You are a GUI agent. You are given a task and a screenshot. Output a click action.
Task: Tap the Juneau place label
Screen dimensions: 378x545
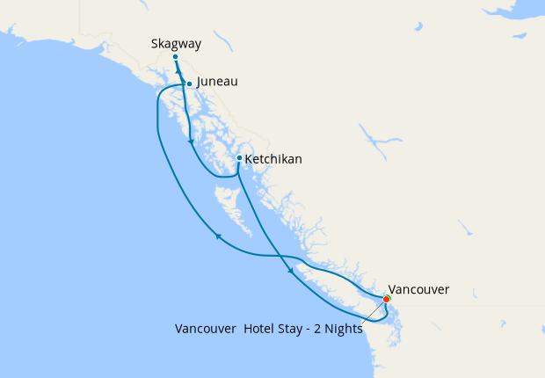[x=217, y=82]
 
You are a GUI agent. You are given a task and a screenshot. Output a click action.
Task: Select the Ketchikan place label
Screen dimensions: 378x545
[x=273, y=159]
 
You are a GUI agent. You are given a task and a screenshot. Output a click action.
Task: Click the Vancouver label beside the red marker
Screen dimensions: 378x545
[x=419, y=289]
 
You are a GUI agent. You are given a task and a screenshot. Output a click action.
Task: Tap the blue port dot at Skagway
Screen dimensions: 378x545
[x=176, y=56]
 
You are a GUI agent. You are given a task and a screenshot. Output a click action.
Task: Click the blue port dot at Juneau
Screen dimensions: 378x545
[x=189, y=84]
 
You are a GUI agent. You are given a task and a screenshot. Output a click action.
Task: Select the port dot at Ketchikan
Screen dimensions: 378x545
[x=239, y=158]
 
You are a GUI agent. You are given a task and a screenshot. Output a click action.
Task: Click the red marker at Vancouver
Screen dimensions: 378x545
[x=387, y=300]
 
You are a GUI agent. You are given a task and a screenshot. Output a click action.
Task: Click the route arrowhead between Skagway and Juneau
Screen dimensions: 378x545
[x=178, y=72]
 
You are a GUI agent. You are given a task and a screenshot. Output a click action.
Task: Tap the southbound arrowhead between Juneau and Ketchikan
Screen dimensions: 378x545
[x=191, y=142]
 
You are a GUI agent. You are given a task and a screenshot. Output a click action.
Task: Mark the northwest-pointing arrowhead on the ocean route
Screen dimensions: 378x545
[x=217, y=235]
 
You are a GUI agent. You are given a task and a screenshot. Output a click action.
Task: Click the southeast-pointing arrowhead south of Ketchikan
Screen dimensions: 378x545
[x=291, y=273]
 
